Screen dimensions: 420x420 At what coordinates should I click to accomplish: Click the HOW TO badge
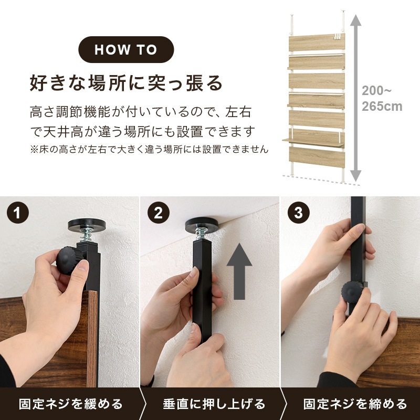(126, 50)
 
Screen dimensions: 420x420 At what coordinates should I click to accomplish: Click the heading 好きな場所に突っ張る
(126, 82)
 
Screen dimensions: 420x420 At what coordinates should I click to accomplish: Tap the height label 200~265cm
(382, 98)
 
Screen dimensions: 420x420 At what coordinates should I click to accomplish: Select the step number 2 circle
(159, 213)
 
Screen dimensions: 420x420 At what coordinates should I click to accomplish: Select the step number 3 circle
(299, 213)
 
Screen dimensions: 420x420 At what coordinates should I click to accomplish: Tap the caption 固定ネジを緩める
(71, 404)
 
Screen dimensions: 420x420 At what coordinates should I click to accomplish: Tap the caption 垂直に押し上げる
(213, 404)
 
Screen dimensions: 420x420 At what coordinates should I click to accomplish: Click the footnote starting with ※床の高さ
(149, 149)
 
